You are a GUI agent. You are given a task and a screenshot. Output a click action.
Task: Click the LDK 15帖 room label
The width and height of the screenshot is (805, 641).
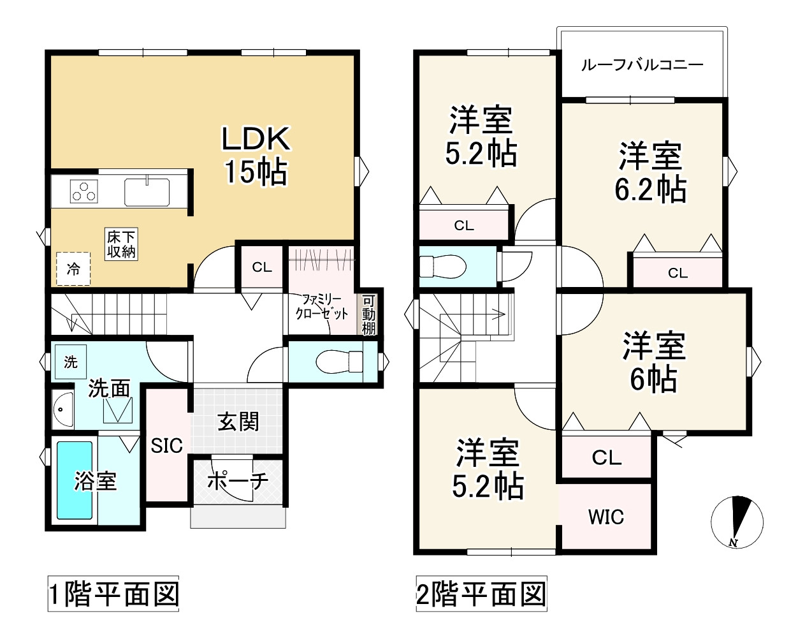(256, 155)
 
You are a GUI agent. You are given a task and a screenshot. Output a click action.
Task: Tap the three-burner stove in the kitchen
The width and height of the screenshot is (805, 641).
(83, 191)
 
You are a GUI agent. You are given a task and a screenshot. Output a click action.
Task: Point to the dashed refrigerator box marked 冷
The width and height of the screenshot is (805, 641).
(73, 269)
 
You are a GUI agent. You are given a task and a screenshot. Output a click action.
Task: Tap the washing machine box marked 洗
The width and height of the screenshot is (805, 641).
(70, 362)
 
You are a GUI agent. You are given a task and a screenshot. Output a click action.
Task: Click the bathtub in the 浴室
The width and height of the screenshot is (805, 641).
(75, 480)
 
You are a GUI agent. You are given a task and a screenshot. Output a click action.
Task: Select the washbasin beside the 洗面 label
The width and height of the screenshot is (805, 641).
(64, 408)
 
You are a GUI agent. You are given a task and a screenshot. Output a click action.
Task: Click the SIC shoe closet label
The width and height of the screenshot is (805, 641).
(167, 445)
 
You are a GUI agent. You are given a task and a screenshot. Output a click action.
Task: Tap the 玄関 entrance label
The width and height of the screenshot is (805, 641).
(238, 422)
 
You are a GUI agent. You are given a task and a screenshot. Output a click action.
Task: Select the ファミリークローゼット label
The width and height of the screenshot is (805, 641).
(322, 306)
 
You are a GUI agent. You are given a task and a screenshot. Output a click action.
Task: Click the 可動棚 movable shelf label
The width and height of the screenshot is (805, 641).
(368, 314)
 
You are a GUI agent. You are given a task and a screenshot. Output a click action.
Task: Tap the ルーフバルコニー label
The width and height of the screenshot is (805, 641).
(642, 65)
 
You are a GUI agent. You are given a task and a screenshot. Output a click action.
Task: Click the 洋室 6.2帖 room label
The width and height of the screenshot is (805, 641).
(650, 173)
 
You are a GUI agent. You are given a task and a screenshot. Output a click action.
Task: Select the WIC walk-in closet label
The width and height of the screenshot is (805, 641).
(606, 517)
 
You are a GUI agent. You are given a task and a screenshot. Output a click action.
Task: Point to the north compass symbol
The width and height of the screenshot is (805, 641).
(737, 521)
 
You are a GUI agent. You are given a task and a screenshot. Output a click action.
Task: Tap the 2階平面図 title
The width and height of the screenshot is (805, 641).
(481, 594)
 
